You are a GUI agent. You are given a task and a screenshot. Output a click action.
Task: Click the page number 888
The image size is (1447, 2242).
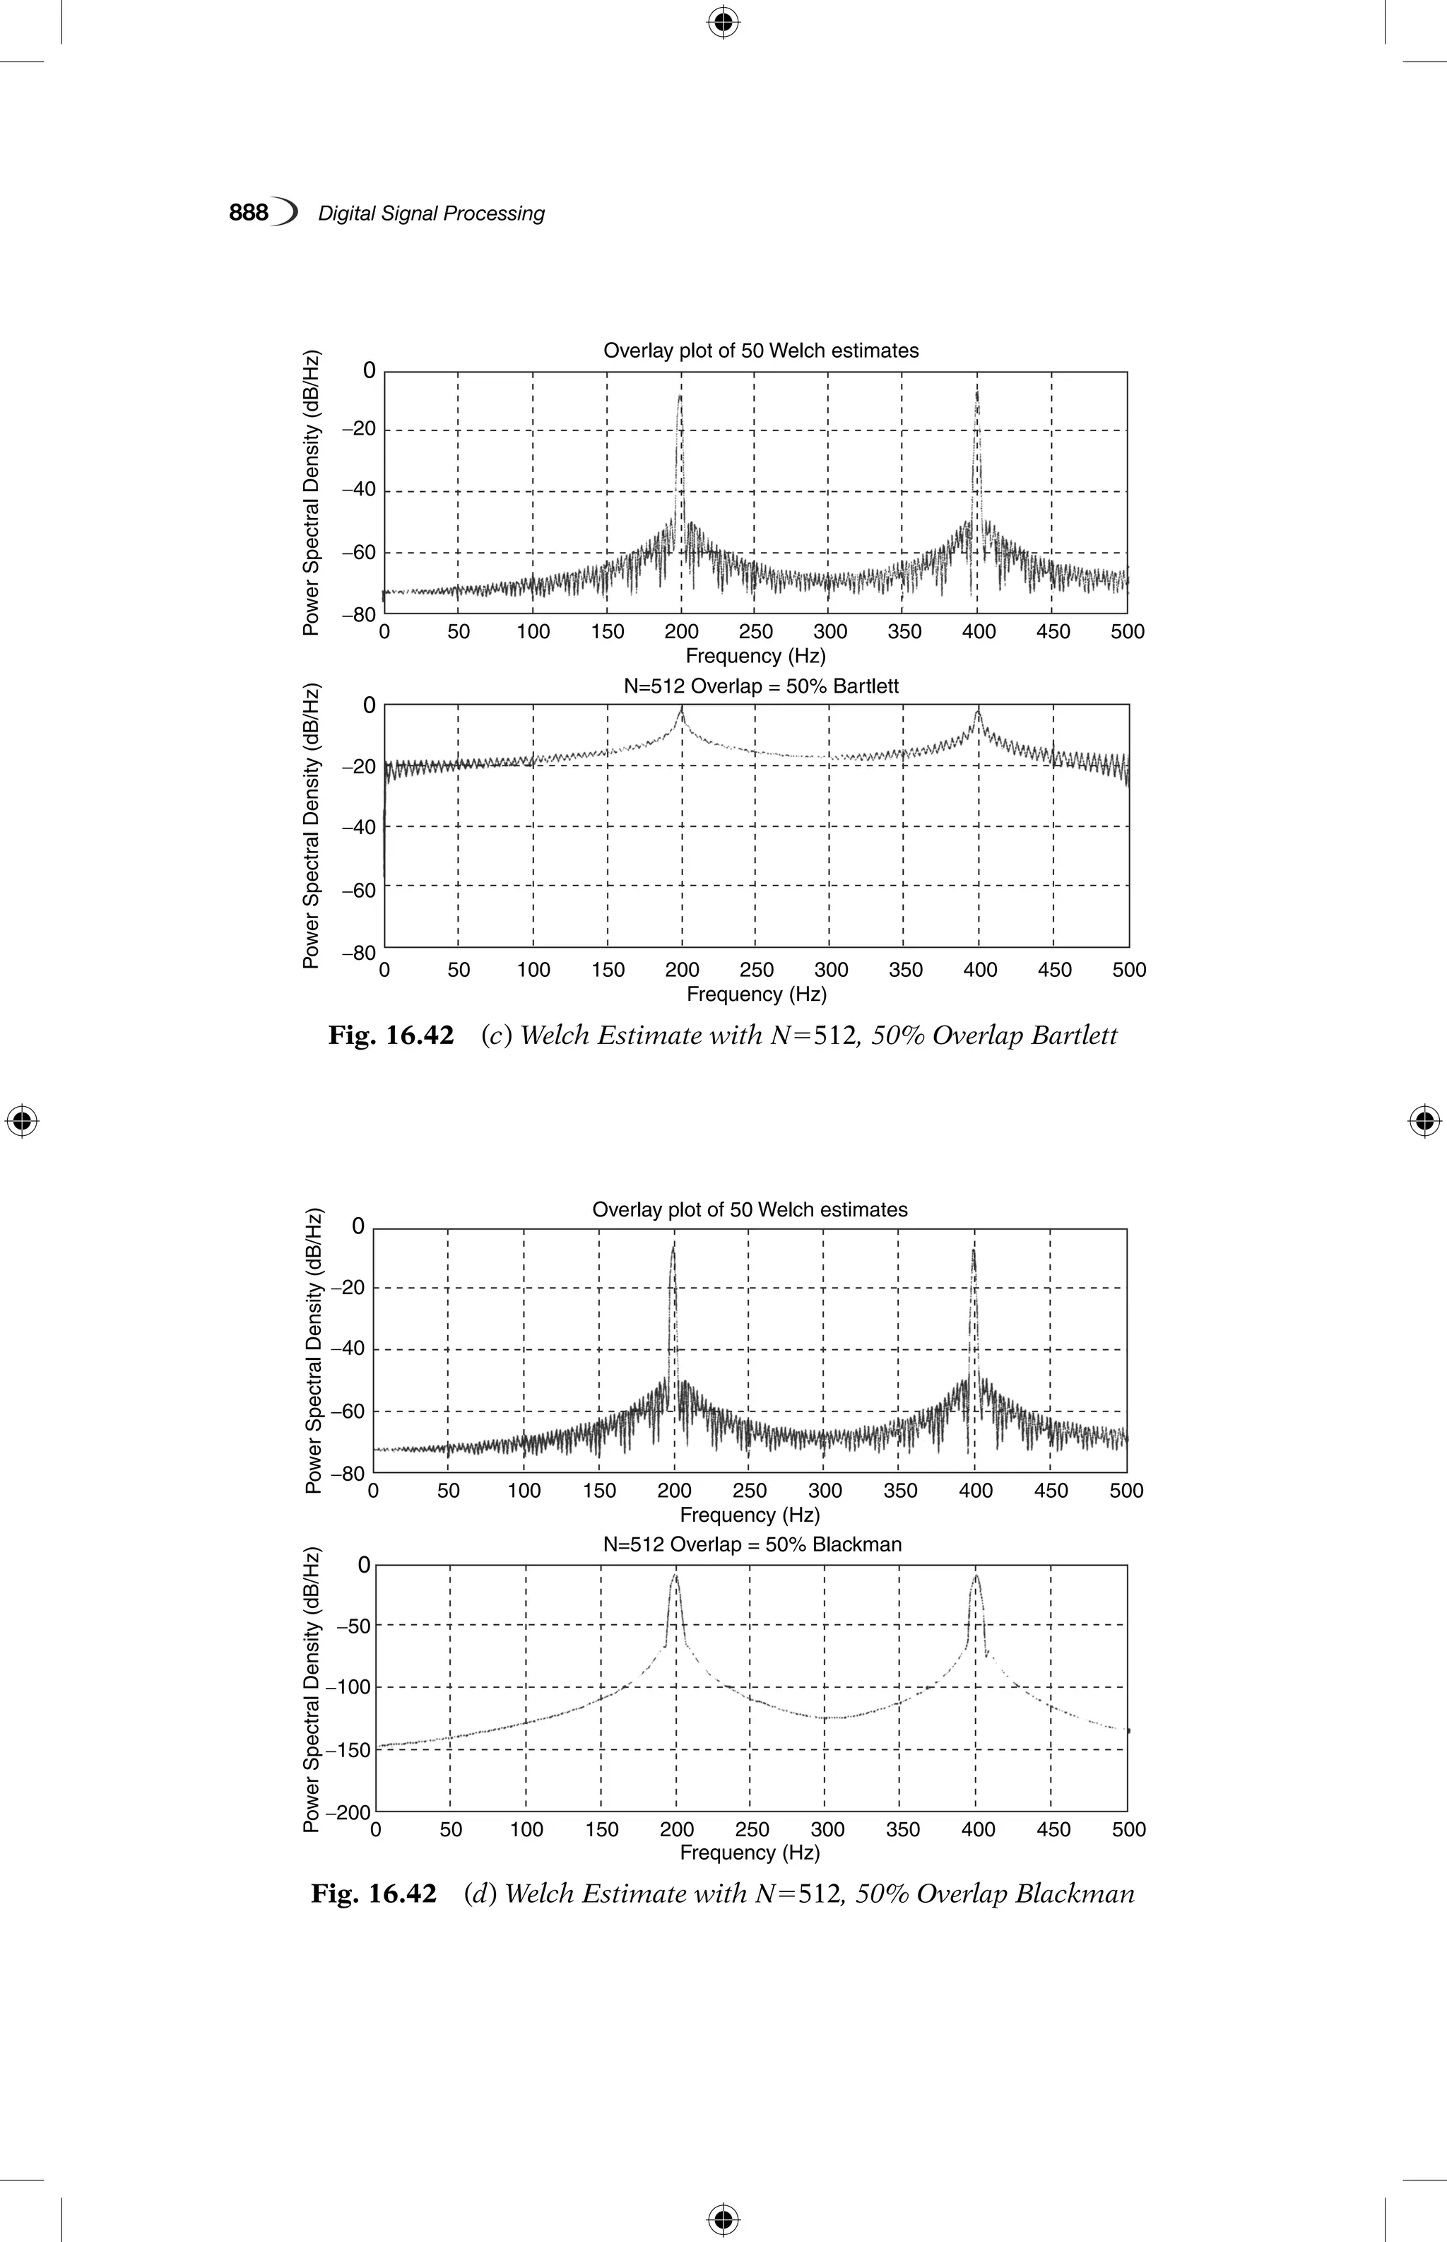click(x=249, y=213)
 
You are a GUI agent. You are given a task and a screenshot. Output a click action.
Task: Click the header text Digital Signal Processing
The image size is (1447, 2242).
click(x=431, y=214)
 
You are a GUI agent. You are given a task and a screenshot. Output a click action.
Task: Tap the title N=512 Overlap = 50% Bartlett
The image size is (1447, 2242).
click(x=761, y=687)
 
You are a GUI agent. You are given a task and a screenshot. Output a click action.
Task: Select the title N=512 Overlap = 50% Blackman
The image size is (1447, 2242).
click(x=752, y=1544)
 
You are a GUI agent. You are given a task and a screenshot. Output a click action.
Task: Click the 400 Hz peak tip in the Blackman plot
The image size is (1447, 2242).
click(x=976, y=1575)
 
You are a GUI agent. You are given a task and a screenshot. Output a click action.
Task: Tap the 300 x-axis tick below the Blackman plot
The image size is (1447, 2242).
click(x=827, y=1830)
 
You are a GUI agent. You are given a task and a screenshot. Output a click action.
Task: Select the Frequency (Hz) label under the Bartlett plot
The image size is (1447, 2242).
click(x=757, y=994)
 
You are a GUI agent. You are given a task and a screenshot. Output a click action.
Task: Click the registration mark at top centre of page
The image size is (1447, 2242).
click(x=723, y=23)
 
